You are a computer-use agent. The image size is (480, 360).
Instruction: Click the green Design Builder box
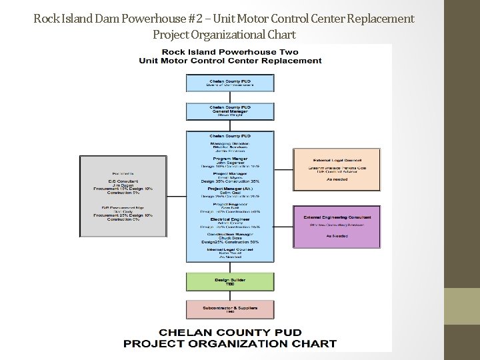[230, 282]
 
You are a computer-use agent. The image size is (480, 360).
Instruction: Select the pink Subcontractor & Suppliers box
[230, 309]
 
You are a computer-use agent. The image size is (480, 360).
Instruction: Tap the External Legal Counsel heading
[337, 160]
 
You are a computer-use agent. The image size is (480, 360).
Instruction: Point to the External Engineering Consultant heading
[337, 217]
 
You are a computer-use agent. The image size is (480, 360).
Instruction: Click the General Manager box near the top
[230, 111]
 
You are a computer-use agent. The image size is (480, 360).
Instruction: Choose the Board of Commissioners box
[230, 83]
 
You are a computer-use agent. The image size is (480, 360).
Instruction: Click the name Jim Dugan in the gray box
[123, 185]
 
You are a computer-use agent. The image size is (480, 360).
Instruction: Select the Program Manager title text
[230, 158]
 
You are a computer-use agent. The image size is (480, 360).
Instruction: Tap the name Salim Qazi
[230, 193]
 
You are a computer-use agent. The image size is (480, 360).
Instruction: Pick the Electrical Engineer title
[230, 219]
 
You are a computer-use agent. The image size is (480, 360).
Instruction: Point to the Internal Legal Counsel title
[230, 249]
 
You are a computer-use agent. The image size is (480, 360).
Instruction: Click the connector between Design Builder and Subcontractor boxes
[230, 296]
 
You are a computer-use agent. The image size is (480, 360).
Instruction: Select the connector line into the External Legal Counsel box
[283, 169]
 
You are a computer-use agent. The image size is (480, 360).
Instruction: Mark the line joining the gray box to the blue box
[177, 196]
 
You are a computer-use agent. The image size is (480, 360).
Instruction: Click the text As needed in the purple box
[337, 235]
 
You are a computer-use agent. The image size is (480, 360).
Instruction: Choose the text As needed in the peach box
[337, 179]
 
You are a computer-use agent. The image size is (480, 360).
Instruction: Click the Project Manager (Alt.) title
[230, 188]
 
